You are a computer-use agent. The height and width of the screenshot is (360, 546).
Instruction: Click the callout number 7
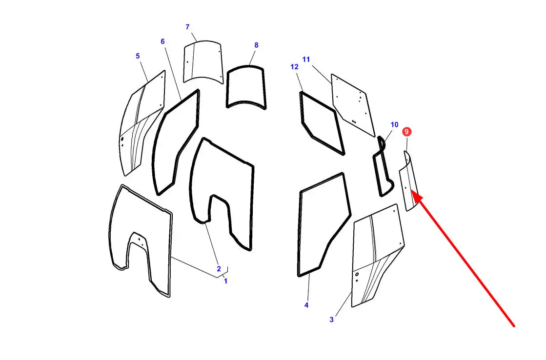point(187,27)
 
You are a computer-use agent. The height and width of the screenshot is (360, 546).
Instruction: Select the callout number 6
point(162,41)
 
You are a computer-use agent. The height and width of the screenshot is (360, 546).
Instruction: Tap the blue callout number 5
point(138,56)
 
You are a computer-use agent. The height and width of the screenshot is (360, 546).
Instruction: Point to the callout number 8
point(256,45)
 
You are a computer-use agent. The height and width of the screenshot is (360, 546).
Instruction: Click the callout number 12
point(294,67)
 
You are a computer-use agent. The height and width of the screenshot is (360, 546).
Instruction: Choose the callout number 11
point(306,60)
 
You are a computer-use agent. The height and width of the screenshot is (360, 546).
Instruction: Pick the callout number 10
point(394,125)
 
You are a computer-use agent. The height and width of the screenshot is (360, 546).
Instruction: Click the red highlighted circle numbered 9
point(406,132)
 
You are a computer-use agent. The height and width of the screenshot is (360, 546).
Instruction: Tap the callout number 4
point(306,305)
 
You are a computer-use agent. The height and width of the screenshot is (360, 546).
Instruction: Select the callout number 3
point(331,320)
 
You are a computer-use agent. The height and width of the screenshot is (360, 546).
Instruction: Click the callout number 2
point(219,269)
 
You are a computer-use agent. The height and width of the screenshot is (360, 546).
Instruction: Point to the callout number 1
point(225,281)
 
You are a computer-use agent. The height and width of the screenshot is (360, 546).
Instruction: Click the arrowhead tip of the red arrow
point(411,190)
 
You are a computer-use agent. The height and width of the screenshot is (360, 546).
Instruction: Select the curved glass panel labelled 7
point(203,62)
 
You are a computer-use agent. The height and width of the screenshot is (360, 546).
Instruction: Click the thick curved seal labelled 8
point(228,89)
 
